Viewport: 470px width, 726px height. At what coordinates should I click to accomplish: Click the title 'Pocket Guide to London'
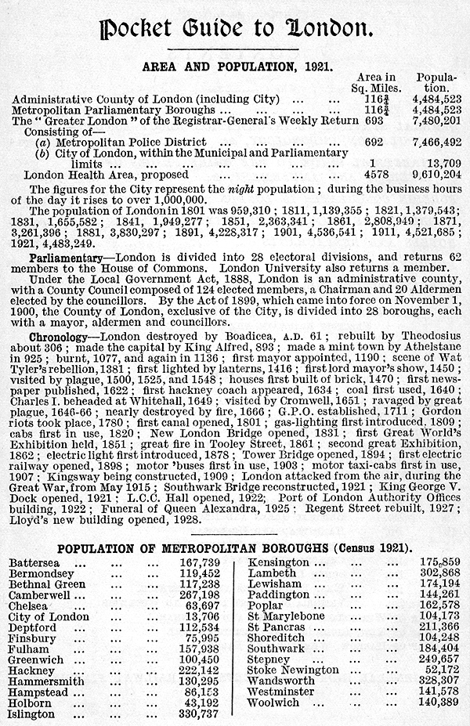tap(234, 29)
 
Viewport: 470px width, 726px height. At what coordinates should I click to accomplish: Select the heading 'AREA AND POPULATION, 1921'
tap(234, 68)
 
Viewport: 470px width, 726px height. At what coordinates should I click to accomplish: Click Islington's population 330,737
tap(199, 714)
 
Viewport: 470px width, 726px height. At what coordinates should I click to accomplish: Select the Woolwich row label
tap(273, 703)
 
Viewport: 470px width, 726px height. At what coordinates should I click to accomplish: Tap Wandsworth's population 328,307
tap(438, 681)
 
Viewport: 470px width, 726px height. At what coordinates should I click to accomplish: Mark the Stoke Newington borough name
tap(293, 670)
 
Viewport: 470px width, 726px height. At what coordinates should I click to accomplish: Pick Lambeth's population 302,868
tap(438, 573)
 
